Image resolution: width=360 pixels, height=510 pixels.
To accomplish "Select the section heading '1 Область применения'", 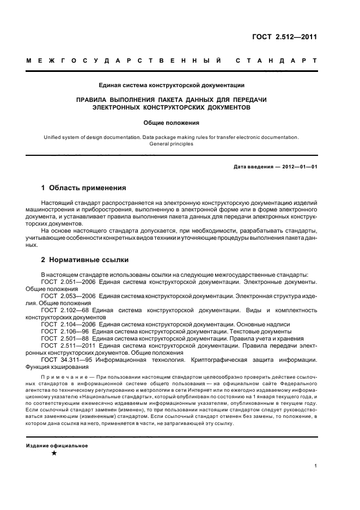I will [84, 188].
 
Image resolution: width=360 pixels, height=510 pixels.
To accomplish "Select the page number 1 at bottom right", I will [316, 466].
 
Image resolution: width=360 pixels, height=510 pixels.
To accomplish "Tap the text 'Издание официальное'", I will [57, 445].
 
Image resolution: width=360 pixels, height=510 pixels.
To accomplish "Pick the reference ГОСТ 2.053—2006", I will [68, 295].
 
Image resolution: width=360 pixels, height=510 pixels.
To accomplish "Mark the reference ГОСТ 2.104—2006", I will [68, 324].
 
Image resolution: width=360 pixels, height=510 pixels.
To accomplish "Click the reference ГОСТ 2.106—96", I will [64, 331].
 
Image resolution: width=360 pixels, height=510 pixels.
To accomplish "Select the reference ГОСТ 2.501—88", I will [64, 338].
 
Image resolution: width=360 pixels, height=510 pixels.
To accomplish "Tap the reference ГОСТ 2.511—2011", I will [68, 345].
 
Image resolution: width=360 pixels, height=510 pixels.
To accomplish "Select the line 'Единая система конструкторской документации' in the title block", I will [171, 85].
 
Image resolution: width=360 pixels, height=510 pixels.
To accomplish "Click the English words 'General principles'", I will [171, 144].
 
